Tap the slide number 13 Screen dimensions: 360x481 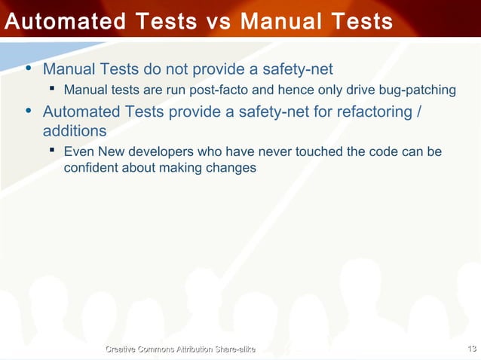(x=473, y=348)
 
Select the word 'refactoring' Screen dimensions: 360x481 (x=368, y=112)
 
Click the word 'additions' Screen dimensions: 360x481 (x=74, y=130)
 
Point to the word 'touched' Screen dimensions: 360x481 (x=320, y=152)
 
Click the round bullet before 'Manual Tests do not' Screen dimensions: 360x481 (x=29, y=69)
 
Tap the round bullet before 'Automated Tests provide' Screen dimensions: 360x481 (x=29, y=111)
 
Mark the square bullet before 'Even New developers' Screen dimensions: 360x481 (x=53, y=151)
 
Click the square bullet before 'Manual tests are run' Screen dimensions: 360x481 (x=53, y=90)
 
